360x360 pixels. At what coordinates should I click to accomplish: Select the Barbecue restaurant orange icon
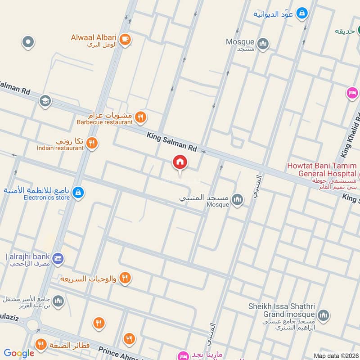click(141, 118)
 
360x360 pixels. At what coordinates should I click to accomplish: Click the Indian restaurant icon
click(92, 144)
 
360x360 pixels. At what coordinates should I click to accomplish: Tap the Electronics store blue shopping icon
click(78, 193)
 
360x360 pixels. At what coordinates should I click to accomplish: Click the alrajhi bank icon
click(58, 259)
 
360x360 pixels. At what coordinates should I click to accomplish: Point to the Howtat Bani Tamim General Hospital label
click(322, 170)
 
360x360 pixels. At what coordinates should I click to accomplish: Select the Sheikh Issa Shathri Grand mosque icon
click(323, 315)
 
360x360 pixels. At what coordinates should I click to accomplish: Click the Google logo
click(19, 353)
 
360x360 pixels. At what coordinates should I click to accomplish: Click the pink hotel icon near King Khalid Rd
click(352, 93)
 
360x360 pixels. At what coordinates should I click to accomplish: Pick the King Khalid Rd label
click(351, 135)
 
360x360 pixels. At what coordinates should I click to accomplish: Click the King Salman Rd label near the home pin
click(172, 141)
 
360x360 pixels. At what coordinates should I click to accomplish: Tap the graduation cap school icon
click(45, 101)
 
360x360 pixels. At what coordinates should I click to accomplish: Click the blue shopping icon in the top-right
click(303, 13)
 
